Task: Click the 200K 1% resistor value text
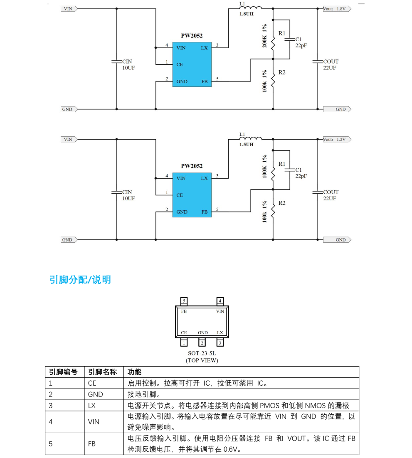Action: [x=264, y=36]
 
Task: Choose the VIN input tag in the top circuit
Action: [x=68, y=9]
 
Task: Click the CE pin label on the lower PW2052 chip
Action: [x=180, y=195]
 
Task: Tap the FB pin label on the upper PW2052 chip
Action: [x=204, y=81]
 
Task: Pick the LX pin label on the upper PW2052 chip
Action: [x=204, y=48]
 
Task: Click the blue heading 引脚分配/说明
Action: [x=80, y=280]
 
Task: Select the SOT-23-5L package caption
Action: [x=202, y=354]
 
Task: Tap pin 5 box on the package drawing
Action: [x=184, y=300]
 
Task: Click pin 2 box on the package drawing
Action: [x=202, y=343]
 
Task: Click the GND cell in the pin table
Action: [x=95, y=394]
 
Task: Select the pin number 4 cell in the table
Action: [x=51, y=421]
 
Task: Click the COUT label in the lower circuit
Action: [x=331, y=192]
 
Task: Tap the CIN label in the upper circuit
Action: [x=127, y=62]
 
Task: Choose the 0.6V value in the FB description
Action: [x=231, y=449]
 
